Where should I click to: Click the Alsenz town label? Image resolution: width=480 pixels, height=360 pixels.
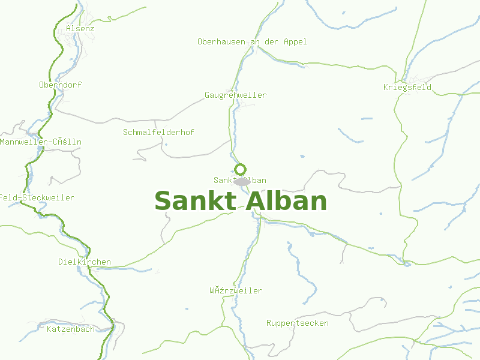(x=80, y=28)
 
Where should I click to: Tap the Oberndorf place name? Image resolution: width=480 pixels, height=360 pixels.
(x=60, y=85)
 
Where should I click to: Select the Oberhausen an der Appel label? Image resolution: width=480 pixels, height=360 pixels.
(x=252, y=41)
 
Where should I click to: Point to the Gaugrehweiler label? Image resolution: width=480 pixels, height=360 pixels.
(x=235, y=95)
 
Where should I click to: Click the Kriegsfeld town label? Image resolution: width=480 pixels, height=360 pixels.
(x=407, y=87)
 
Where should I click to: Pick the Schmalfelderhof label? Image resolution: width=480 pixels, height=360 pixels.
(x=158, y=132)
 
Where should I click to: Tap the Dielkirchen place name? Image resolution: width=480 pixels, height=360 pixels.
(x=85, y=262)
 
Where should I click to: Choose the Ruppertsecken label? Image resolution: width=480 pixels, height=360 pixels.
(x=298, y=323)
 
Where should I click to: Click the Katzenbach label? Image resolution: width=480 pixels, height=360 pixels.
(x=71, y=329)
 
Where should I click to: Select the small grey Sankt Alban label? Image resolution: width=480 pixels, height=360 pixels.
(x=240, y=180)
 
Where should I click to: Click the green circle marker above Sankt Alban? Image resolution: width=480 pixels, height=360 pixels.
(x=241, y=169)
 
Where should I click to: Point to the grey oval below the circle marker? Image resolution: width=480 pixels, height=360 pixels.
(x=242, y=181)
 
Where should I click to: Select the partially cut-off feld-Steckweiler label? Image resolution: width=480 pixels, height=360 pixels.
(x=37, y=197)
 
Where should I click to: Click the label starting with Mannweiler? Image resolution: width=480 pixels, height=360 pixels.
(x=41, y=142)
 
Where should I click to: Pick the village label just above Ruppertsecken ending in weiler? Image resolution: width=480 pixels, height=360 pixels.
(x=236, y=290)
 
